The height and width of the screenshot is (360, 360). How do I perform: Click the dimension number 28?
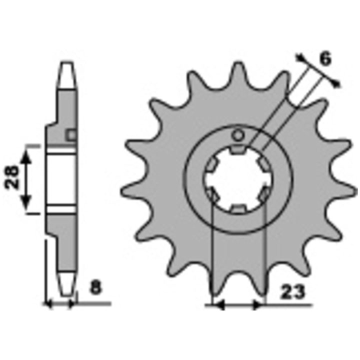12,177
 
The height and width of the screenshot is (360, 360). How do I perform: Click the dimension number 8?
95,287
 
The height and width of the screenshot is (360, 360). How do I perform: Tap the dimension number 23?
293,292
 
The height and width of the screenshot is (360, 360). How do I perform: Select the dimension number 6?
325,58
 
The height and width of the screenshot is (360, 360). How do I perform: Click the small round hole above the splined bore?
238,135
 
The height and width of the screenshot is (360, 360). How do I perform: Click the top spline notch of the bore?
238,149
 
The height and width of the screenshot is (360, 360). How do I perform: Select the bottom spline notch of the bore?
238,209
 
